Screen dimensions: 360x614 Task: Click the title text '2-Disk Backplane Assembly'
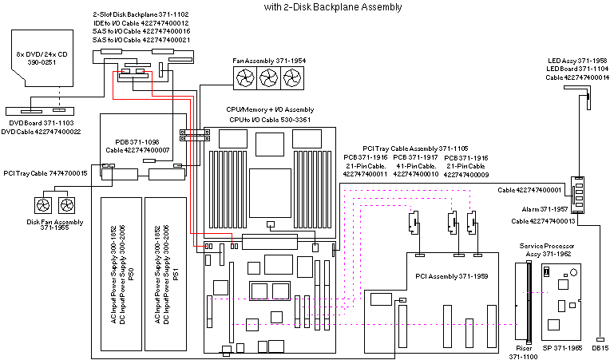[x=333, y=7]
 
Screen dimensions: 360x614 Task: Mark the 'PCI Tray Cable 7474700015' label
[x=46, y=172]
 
